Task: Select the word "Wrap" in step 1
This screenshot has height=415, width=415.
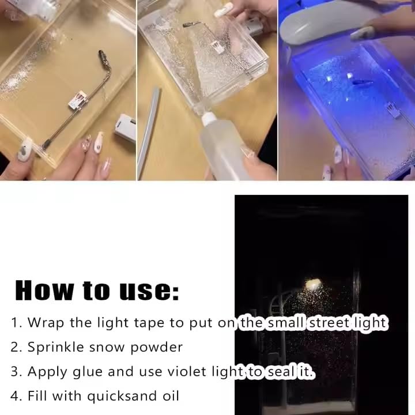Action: point(47,323)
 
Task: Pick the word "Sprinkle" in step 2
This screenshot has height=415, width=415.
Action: point(56,347)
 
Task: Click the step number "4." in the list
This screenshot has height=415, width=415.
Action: point(17,397)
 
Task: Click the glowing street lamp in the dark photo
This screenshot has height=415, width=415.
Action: point(313,283)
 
